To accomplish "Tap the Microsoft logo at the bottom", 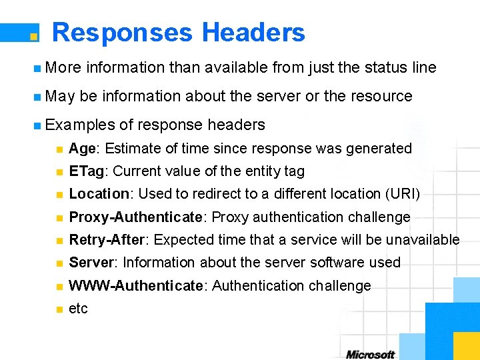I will point(371,354).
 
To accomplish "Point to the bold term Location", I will point(99,194).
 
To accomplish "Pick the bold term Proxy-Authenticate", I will point(135,217).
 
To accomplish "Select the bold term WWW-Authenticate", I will point(138,285).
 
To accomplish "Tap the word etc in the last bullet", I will point(78,309).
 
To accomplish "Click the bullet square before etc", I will point(59,309).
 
